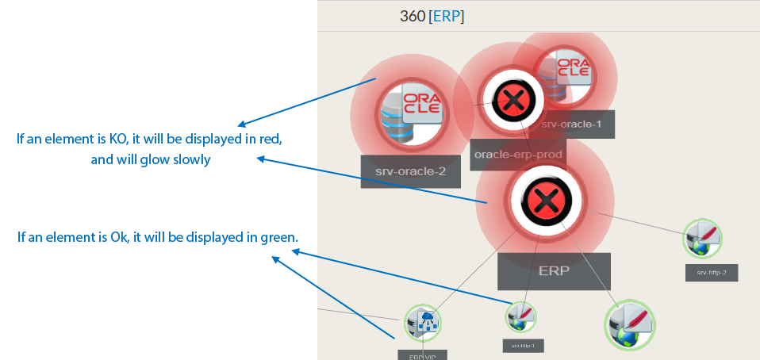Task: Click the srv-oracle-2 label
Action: pyautogui.click(x=410, y=171)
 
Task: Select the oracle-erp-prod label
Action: pyautogui.click(x=517, y=155)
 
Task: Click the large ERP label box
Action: pyautogui.click(x=554, y=271)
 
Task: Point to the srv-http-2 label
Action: pyautogui.click(x=712, y=273)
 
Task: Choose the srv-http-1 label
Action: pyautogui.click(x=523, y=346)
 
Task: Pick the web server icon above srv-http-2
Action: pyautogui.click(x=704, y=238)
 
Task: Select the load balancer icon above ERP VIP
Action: pyautogui.click(x=422, y=322)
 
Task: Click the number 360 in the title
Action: pyautogui.click(x=412, y=17)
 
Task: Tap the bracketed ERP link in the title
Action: pyautogui.click(x=446, y=17)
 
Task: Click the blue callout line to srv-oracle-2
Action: pyautogui.click(x=346, y=89)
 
